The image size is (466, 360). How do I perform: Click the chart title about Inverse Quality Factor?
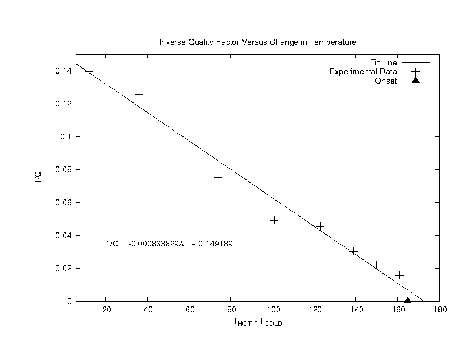tap(258, 42)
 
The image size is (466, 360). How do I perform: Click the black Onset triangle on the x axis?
tap(408, 300)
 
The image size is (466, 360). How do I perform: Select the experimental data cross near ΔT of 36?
tap(139, 94)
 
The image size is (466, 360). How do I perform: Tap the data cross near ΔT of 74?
tap(218, 177)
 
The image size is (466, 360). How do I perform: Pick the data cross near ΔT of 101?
tap(274, 220)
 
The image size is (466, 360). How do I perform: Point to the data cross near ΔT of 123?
tap(320, 226)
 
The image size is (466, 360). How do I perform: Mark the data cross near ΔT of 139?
tap(354, 251)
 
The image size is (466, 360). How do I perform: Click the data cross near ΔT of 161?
tap(400, 275)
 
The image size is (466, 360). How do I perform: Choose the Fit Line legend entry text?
tap(384, 62)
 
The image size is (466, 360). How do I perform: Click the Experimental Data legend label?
tap(363, 72)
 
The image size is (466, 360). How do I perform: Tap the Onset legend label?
tap(386, 81)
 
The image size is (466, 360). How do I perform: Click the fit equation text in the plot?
tap(169, 244)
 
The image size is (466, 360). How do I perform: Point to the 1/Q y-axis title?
tap(37, 178)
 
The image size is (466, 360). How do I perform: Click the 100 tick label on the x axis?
tap(272, 311)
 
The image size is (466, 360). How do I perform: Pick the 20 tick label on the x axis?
tap(106, 311)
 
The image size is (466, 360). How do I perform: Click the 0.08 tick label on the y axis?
tap(62, 169)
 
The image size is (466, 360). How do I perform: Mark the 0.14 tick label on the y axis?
tap(62, 71)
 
